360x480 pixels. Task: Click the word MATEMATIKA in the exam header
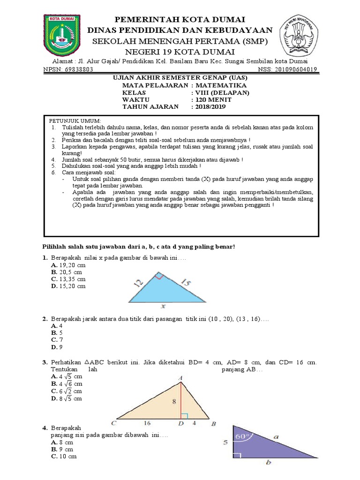[x=219, y=85]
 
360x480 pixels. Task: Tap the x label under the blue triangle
[x=163, y=307]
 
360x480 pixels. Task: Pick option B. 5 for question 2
[x=57, y=332]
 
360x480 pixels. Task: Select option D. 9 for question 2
[x=57, y=347]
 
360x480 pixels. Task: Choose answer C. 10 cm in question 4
[x=64, y=456]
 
